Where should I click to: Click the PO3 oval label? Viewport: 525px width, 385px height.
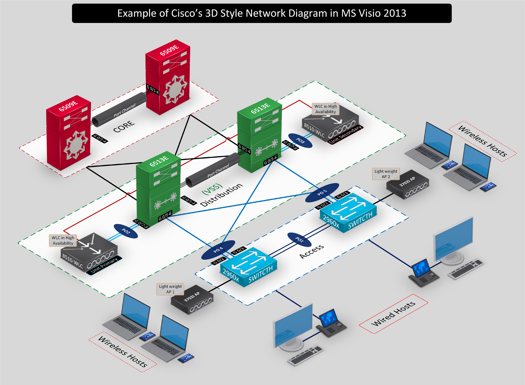pos(300,141)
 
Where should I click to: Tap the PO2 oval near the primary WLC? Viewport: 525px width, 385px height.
pos(126,231)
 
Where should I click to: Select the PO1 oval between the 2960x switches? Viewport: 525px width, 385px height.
pos(299,239)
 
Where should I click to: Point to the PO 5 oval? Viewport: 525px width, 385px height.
pos(322,192)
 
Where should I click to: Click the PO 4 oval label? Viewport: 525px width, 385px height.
pos(218,250)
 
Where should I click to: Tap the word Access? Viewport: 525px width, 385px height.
pos(312,251)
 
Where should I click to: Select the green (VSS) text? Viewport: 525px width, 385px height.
pos(212,189)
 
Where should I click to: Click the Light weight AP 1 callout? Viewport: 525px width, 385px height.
pos(170,289)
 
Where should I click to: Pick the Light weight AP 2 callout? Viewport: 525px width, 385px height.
pos(386,174)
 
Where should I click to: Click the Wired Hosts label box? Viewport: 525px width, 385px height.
pos(393,314)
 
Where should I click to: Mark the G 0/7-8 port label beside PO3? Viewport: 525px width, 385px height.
pos(290,145)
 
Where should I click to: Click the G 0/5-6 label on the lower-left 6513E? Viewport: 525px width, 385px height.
pos(165,216)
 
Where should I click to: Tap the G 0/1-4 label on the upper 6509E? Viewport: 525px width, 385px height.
pos(153,90)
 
